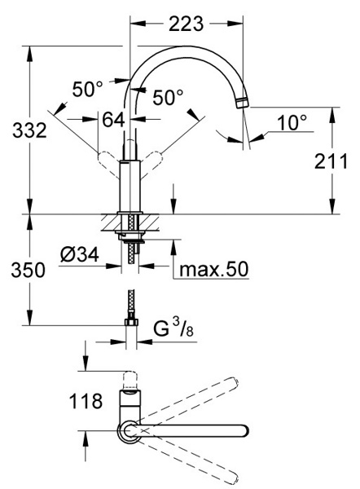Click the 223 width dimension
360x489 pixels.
pos(186,24)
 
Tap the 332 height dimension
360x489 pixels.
pos(29,130)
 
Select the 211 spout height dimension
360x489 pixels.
pos(331,161)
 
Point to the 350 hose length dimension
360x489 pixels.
pos(28,270)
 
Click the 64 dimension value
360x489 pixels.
pos(113,119)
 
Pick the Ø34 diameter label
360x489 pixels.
pos(80,255)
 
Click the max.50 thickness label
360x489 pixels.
pos(214,269)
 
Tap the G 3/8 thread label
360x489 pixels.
pos(173,328)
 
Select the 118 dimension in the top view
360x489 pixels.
pos(86,401)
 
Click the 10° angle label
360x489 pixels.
pos(292,122)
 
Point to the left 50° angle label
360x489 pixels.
pos(88,89)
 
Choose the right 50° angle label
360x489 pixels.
pos(168,97)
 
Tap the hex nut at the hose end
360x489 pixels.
pos(131,322)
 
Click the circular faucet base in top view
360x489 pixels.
pos(129,431)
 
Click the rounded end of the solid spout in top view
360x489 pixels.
pos(244,430)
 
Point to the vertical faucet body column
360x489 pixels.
pos(130,187)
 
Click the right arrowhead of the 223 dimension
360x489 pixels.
pos(235,24)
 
